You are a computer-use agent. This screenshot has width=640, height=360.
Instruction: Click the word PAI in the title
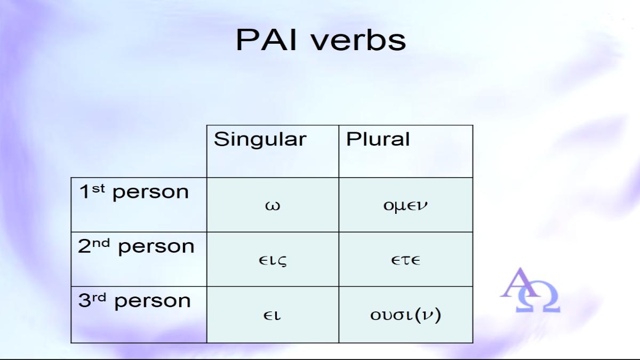click(x=266, y=40)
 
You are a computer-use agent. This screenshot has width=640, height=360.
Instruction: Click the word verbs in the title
click(x=358, y=40)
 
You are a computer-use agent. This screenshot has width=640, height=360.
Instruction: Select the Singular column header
click(x=260, y=139)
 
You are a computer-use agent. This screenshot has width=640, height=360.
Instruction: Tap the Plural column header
click(x=378, y=139)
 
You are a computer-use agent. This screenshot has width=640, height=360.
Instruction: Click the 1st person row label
click(x=134, y=192)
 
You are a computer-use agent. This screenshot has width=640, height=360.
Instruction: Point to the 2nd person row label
click(x=136, y=246)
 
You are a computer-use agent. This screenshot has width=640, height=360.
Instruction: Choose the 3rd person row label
click(x=134, y=301)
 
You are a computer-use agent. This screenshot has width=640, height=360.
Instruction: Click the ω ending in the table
click(x=273, y=206)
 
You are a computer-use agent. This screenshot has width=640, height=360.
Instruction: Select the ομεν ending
click(x=405, y=206)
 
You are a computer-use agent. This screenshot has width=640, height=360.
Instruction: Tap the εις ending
click(x=273, y=261)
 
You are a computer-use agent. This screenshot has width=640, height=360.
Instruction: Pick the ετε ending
click(x=405, y=261)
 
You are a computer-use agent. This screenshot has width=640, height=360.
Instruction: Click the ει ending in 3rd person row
click(x=272, y=315)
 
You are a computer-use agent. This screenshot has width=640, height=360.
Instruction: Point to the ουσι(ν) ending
click(x=405, y=315)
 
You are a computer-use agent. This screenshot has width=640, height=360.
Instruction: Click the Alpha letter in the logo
click(x=520, y=283)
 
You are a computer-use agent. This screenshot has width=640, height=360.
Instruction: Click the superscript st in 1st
click(x=98, y=189)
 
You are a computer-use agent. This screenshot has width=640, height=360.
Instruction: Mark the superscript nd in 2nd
click(x=101, y=243)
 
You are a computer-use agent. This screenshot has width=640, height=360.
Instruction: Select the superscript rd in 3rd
click(x=99, y=298)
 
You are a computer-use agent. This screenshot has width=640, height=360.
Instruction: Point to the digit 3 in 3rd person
click(x=85, y=301)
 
